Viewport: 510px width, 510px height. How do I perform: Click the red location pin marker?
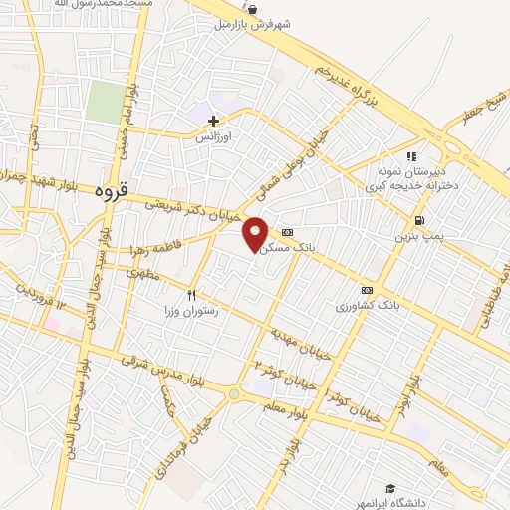(256, 233)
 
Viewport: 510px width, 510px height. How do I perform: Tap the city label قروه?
(111, 189)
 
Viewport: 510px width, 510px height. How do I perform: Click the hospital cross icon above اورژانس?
(213, 121)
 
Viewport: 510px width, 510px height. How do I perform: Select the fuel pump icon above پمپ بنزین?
(419, 220)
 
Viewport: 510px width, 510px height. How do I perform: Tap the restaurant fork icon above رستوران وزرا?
(191, 295)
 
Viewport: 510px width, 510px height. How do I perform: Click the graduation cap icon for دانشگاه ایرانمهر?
(391, 489)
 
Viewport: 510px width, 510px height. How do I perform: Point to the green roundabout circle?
(233, 394)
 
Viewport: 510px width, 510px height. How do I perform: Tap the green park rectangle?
(105, 102)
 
